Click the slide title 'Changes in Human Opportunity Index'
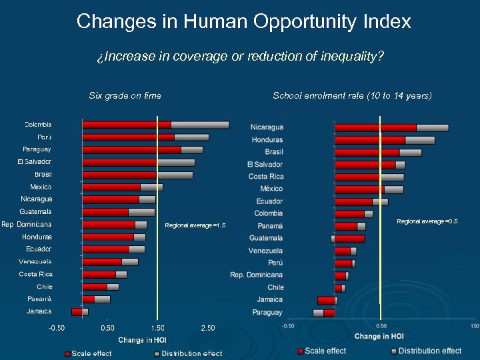pyautogui.click(x=243, y=21)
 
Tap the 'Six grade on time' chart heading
pyautogui.click(x=125, y=95)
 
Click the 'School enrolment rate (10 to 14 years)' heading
pyautogui.click(x=352, y=95)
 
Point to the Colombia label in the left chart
pyautogui.click(x=38, y=124)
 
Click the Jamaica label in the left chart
pyautogui.click(x=39, y=311)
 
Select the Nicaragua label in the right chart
pyautogui.click(x=267, y=127)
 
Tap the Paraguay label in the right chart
pyautogui.click(x=267, y=312)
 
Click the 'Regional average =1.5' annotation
pyautogui.click(x=195, y=225)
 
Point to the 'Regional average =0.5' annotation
pyautogui.click(x=427, y=221)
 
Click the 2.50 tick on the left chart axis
pyautogui.click(x=208, y=328)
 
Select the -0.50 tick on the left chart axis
pyautogui.click(x=56, y=328)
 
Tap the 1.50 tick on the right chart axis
pyautogui.click(x=474, y=326)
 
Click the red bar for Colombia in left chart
pyautogui.click(x=127, y=125)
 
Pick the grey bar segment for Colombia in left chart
pyautogui.click(x=200, y=125)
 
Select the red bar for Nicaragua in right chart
pyautogui.click(x=375, y=127)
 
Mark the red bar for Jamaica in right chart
pyautogui.click(x=326, y=301)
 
